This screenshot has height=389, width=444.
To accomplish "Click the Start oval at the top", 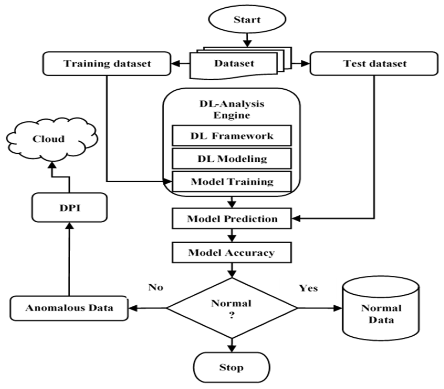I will [247, 20].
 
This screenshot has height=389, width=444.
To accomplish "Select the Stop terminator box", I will [231, 367].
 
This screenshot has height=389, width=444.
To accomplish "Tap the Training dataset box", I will [107, 64].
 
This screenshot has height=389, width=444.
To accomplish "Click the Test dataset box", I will [374, 64].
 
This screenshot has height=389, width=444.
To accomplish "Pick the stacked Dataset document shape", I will [234, 64].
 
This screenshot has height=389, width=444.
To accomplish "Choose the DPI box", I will [70, 208].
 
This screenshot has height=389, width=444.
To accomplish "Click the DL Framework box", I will [232, 136].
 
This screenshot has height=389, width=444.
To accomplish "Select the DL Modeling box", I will [232, 158].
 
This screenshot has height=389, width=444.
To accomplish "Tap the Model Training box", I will [232, 182].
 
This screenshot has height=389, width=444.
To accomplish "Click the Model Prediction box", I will [232, 219].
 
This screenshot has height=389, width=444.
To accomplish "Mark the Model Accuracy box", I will [232, 253].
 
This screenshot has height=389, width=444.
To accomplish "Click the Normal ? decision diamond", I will [232, 308].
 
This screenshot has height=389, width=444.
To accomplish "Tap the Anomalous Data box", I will [69, 308].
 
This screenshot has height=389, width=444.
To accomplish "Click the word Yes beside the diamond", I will [309, 288].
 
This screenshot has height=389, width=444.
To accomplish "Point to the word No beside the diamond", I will [156, 287].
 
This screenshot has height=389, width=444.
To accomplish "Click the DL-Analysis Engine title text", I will [232, 109].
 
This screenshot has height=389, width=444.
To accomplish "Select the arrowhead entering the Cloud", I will [52, 165].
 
